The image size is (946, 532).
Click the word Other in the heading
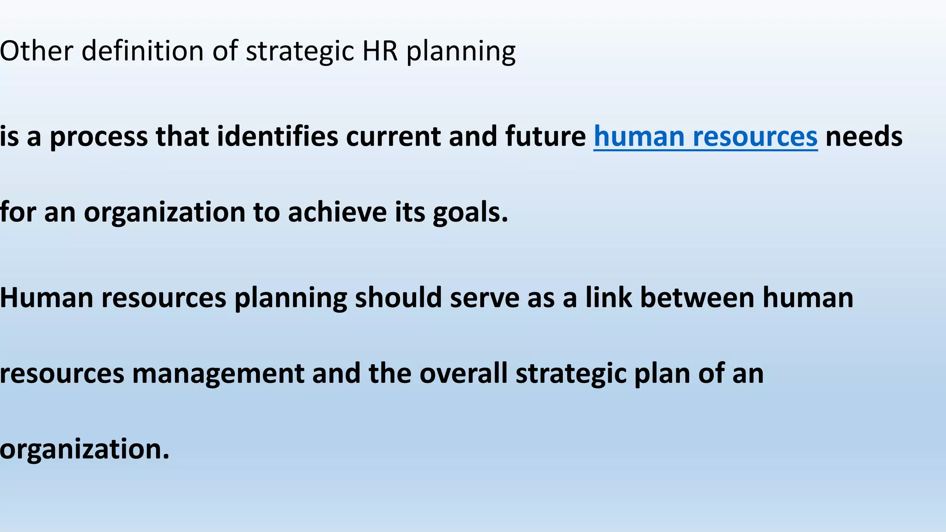coord(36,50)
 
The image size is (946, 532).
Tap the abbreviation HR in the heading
coord(380,50)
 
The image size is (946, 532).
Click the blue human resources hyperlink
coord(705,137)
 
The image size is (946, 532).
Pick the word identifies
coord(278,137)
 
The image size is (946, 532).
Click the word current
coord(393,137)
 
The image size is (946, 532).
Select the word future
coord(545,137)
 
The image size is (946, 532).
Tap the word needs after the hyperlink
coord(864,137)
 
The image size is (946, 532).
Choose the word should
coord(398,298)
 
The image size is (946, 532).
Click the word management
coord(218,373)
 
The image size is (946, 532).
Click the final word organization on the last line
coord(85,449)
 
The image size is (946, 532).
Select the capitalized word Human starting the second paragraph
coord(47,298)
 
